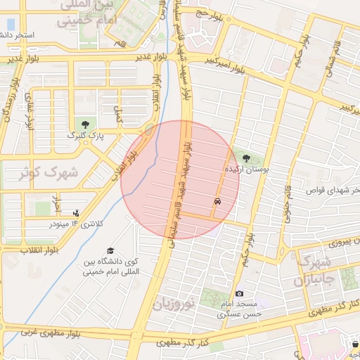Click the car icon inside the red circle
point(217,202)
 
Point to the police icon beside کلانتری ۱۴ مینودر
point(76,213)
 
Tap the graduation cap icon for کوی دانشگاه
point(110,251)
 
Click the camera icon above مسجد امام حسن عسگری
point(239,293)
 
